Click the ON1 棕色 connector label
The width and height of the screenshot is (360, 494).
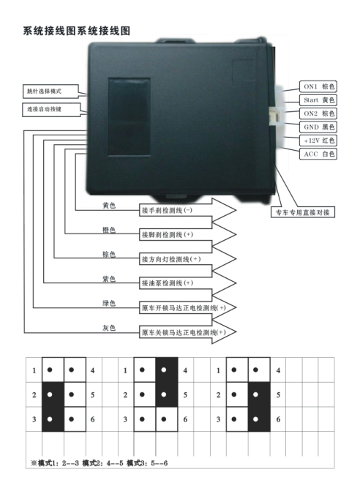pos(318,86)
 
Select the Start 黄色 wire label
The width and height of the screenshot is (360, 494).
pos(318,100)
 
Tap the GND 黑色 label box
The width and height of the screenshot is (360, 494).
pos(318,127)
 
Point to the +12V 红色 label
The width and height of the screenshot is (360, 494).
pos(318,141)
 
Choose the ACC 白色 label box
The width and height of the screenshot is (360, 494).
pos(318,154)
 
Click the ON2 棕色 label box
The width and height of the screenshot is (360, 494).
pos(318,113)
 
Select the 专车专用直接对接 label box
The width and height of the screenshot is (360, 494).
pos(303,212)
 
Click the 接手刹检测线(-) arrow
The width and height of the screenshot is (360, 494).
pos(187,210)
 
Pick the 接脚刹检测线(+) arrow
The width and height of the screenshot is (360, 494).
pos(187,235)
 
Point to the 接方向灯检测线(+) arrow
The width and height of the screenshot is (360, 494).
pos(187,259)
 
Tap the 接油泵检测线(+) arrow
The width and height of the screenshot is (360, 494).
pos(187,283)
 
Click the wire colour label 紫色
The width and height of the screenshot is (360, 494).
pos(109,279)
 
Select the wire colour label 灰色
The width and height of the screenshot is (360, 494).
pos(109,328)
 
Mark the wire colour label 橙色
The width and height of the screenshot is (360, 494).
pos(109,230)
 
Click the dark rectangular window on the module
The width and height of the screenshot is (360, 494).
pos(129,117)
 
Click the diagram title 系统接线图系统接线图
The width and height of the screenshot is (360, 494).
pos(77,31)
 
